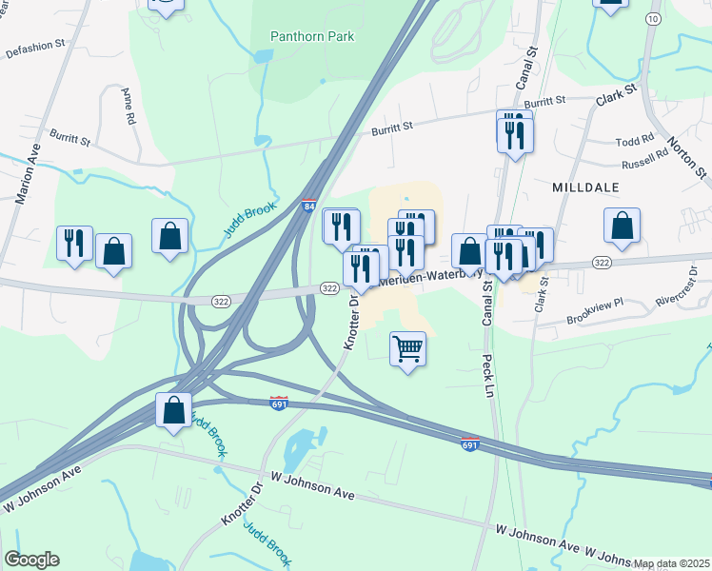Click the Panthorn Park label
[311, 36]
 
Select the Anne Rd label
[129, 106]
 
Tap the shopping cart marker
[407, 348]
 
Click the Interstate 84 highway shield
[307, 205]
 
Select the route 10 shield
[652, 18]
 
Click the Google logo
[31, 560]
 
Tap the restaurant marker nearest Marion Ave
[73, 243]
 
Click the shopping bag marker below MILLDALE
[622, 226]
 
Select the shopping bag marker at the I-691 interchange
[173, 410]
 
